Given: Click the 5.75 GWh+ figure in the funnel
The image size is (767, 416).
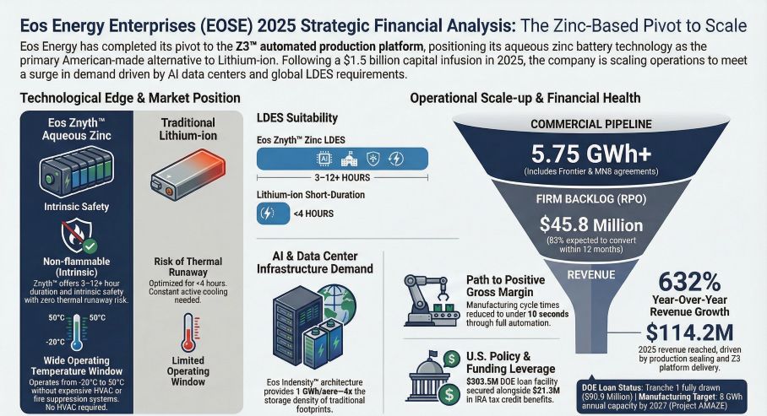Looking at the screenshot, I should coord(590,155).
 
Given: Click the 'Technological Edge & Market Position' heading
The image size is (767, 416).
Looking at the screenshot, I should coord(123,98).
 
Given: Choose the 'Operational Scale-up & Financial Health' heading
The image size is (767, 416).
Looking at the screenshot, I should coord(525,98).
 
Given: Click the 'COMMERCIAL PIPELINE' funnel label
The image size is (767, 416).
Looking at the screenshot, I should coord(590,124).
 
